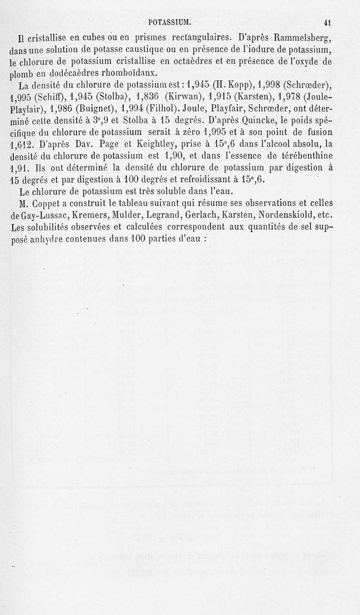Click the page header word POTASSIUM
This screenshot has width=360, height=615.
coord(170,22)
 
